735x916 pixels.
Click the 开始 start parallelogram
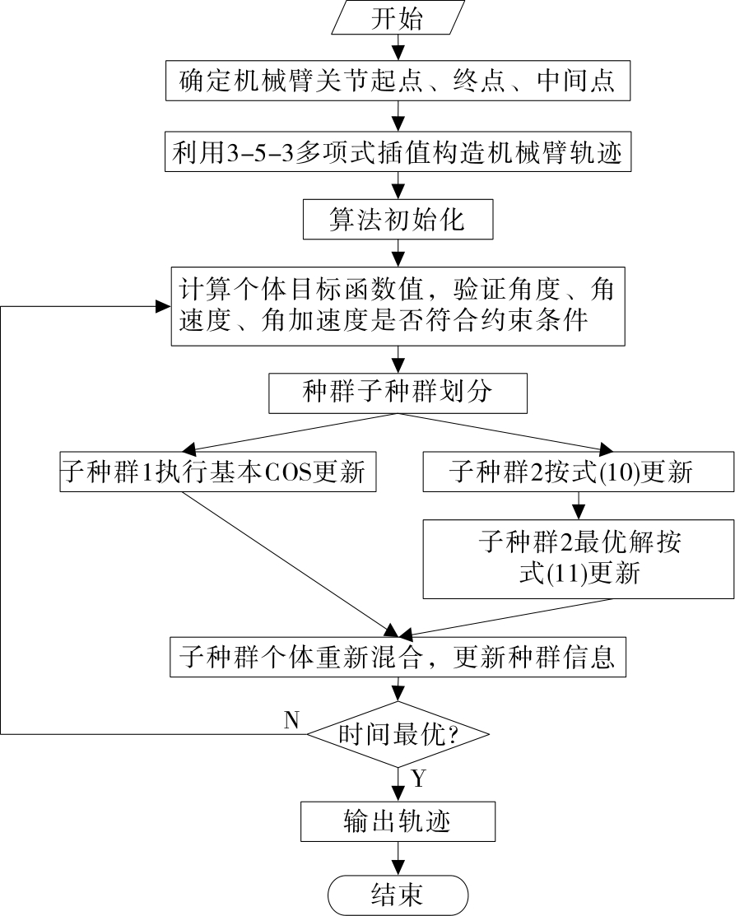398,19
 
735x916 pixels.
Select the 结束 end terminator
398,894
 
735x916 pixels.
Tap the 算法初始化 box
398,221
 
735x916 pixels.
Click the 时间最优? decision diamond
398,734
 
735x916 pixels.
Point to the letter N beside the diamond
291,719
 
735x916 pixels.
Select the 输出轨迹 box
398,821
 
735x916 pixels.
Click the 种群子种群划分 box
398,392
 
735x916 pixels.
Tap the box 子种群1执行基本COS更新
217,473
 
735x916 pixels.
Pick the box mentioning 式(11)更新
579,558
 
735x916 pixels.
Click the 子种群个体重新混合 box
398,658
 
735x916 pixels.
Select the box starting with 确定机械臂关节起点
398,82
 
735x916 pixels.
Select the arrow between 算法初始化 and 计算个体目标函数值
398,253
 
